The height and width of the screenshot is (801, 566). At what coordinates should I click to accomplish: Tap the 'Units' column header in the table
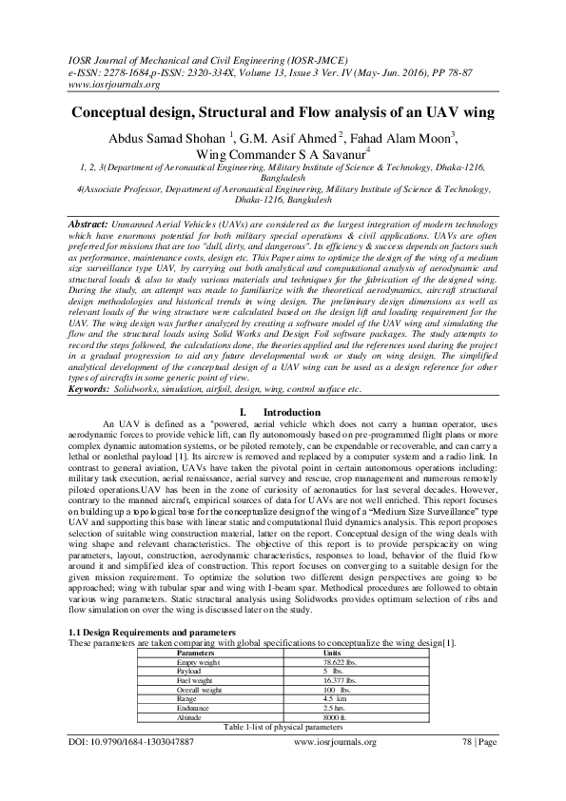[x=332, y=654]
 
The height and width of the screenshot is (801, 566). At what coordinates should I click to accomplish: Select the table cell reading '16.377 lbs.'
[x=342, y=681]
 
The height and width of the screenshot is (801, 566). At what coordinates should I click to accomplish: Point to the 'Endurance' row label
[x=197, y=709]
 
